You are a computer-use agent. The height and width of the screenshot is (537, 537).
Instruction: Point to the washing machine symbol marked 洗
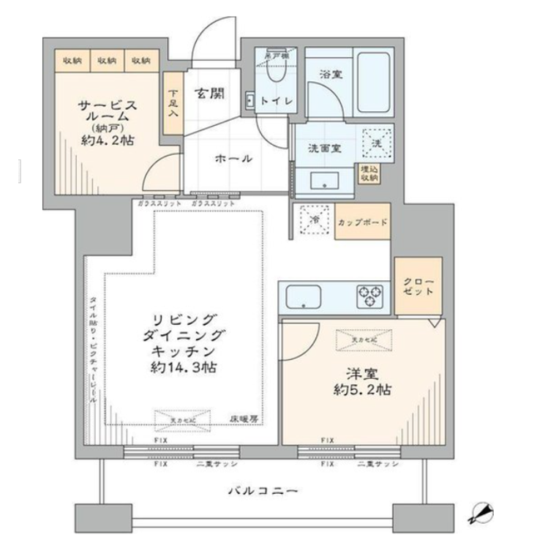pos(378,140)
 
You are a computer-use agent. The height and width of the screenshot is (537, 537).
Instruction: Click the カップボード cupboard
pos(362,221)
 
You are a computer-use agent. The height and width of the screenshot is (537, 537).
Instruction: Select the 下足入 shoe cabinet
pos(173,103)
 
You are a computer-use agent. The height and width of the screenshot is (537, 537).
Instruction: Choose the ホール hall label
pos(233,159)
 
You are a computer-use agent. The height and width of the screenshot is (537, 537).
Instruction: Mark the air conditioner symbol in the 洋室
pos(361,339)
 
